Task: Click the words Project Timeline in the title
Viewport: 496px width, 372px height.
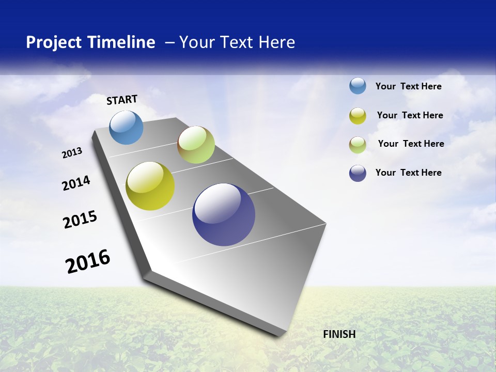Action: tap(90, 42)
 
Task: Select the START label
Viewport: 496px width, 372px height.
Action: tap(122, 100)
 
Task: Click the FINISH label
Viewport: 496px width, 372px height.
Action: tap(339, 334)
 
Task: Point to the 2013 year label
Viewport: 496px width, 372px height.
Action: tap(72, 153)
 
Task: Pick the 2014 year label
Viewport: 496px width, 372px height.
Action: tap(76, 183)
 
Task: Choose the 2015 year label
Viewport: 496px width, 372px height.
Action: tap(80, 219)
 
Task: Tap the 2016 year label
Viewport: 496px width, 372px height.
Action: tap(88, 261)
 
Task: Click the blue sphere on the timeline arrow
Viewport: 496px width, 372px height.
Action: tap(127, 127)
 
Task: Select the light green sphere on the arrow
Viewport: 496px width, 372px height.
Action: tap(196, 145)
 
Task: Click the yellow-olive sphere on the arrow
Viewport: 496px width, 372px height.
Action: tap(150, 186)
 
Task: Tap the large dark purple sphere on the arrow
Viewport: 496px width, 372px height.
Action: tap(224, 214)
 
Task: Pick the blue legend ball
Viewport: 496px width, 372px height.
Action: tap(358, 86)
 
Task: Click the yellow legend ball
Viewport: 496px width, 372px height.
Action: tap(358, 116)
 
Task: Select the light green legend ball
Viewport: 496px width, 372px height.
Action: tap(358, 145)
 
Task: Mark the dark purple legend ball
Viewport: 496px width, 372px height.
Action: tap(358, 173)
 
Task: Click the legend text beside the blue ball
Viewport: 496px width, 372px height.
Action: tap(408, 86)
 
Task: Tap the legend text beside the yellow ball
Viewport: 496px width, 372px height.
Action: tap(410, 115)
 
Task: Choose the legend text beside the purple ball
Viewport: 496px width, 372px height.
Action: tap(408, 173)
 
